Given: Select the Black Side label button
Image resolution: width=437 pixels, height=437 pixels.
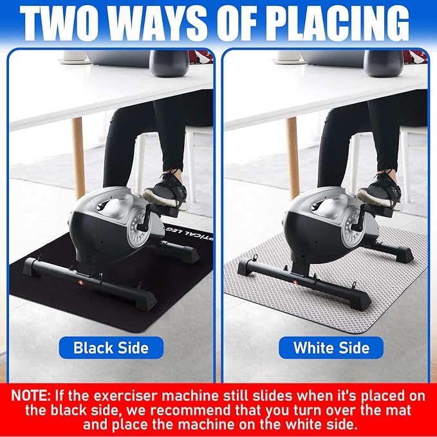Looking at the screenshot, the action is pos(111,348).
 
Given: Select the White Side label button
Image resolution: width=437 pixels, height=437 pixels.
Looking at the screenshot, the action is pos(331,348).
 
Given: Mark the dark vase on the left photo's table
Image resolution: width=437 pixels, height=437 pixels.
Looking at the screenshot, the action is pos(169,63).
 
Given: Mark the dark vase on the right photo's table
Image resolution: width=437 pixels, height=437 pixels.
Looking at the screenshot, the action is pos(384,63).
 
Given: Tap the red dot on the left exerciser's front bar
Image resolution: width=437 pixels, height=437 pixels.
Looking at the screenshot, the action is pos(79,282).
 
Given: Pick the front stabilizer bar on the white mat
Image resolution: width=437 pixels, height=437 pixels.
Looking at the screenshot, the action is pos(304,285).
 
